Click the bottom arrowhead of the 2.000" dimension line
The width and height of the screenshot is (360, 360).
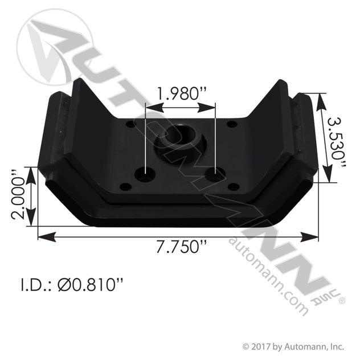pyautogui.click(x=39, y=225)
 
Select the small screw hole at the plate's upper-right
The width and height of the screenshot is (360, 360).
pyautogui.click(x=231, y=124)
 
